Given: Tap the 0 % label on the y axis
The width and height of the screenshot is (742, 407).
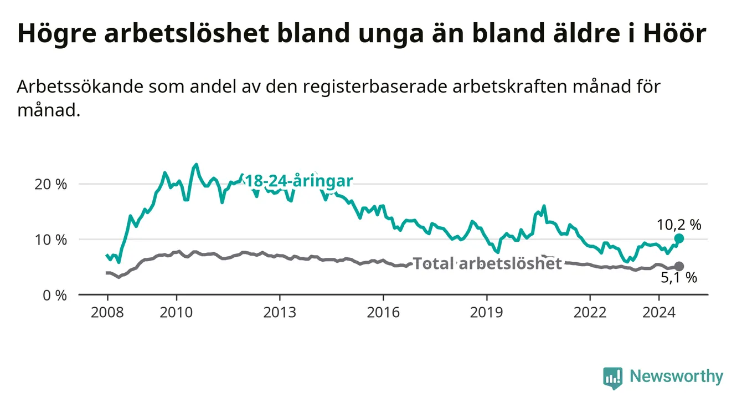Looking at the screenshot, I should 55,295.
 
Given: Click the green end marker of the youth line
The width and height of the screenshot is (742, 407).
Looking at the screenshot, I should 679,238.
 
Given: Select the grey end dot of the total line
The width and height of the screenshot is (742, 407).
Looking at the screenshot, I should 679,267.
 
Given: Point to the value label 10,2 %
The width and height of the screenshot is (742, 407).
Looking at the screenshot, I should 679,225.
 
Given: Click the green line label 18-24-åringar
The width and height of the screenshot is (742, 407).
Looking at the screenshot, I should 298,181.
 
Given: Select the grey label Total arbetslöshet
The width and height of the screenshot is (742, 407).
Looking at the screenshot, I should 487,264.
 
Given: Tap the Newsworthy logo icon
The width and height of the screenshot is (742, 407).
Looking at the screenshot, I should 612,378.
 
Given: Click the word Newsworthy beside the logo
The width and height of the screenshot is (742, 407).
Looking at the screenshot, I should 676,377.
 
